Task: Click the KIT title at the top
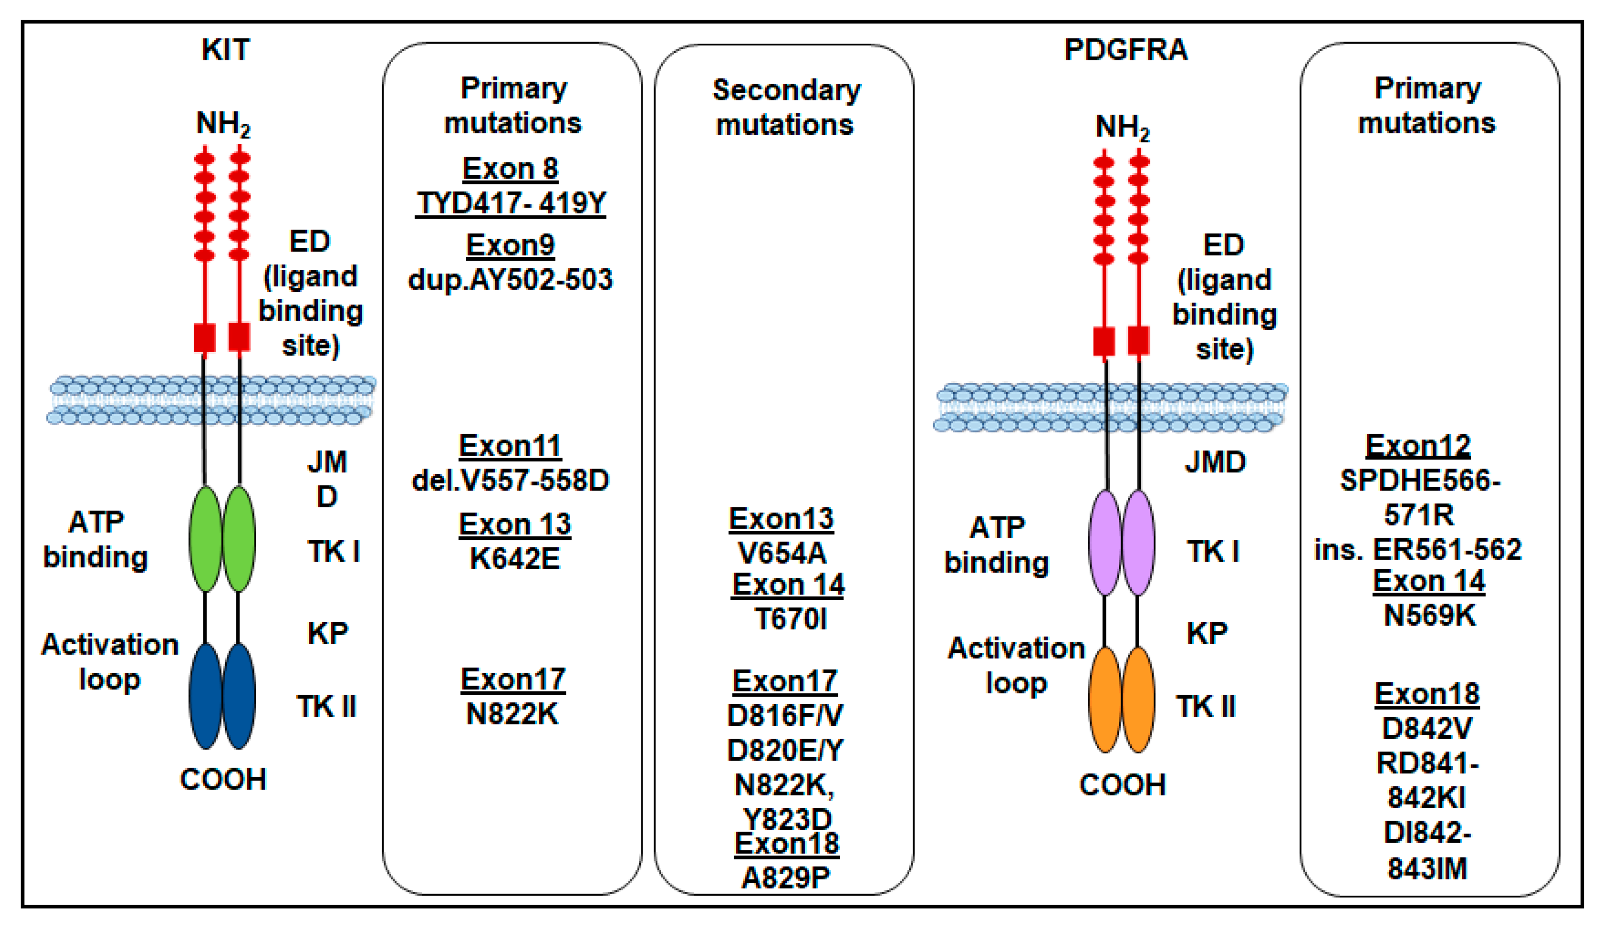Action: click(226, 50)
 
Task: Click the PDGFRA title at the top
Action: click(1125, 50)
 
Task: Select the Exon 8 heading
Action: click(510, 169)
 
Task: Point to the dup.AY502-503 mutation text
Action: click(510, 280)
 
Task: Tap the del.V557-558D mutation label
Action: click(510, 480)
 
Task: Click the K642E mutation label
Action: click(515, 559)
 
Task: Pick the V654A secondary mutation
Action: click(782, 553)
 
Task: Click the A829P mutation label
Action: click(786, 878)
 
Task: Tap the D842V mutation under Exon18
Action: click(1427, 728)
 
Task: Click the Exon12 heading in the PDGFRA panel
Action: click(1418, 445)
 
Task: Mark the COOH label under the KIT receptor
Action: click(223, 779)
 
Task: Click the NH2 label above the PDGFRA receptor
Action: click(1122, 127)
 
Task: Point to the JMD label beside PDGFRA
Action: click(1214, 462)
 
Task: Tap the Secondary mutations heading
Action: click(786, 107)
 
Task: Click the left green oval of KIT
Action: click(206, 539)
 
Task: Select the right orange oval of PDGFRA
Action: click(1138, 699)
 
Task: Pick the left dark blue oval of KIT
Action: click(206, 696)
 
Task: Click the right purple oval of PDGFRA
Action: click(1138, 543)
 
